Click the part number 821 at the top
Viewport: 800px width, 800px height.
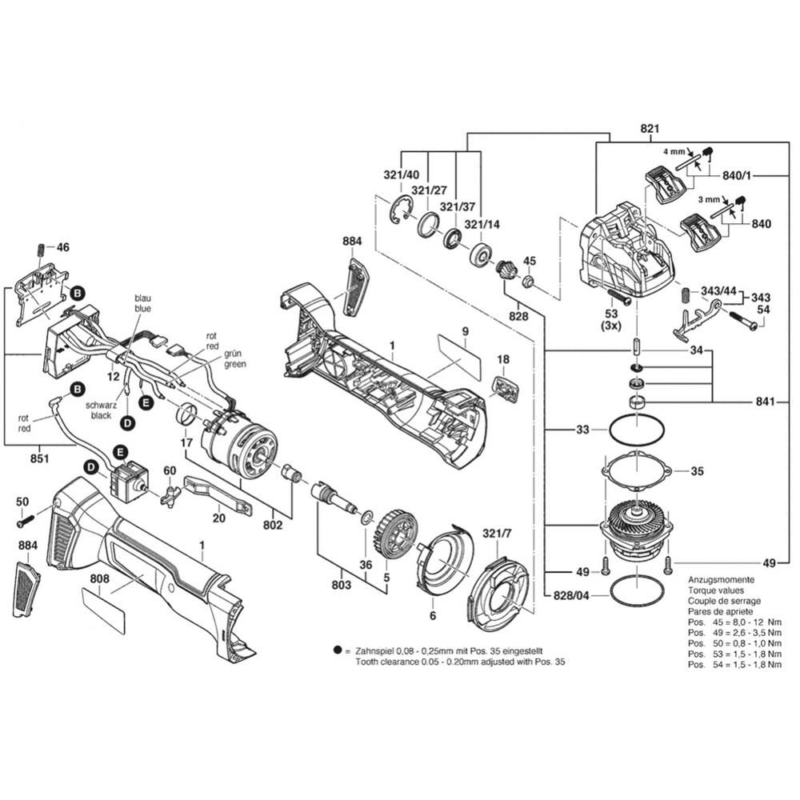tap(649, 128)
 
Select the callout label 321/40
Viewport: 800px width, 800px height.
tap(401, 174)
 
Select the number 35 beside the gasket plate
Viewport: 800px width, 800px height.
tap(697, 471)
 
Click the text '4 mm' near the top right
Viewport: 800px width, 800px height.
tap(673, 150)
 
